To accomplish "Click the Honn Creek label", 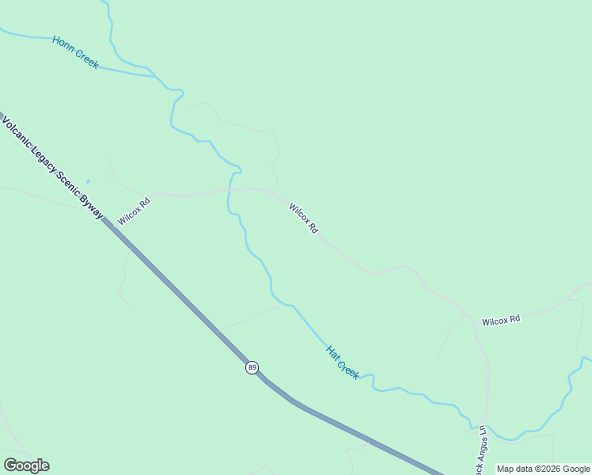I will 75,52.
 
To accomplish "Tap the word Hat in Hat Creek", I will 332,352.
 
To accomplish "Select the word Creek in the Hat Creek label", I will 348,367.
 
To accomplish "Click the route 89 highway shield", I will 252,367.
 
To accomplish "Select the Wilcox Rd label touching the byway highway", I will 134,211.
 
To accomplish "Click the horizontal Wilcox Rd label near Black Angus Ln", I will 501,320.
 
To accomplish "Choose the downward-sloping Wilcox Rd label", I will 303,218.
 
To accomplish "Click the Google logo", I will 26,465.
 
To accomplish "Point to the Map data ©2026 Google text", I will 543,469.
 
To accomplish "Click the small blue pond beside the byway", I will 88,181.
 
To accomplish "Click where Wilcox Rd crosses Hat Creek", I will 230,190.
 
